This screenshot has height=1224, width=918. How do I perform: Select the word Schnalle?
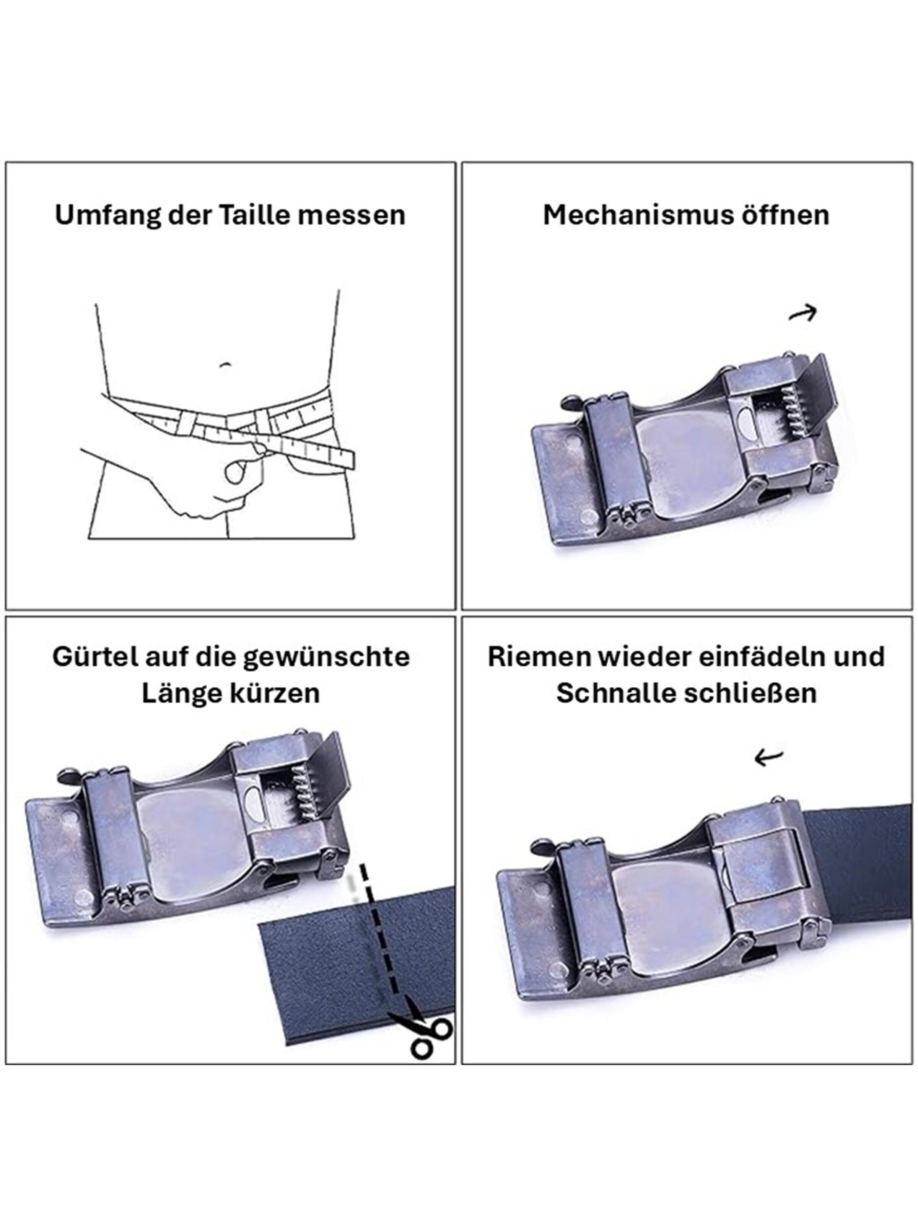(x=614, y=693)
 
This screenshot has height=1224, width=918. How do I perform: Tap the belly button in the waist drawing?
(x=224, y=365)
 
